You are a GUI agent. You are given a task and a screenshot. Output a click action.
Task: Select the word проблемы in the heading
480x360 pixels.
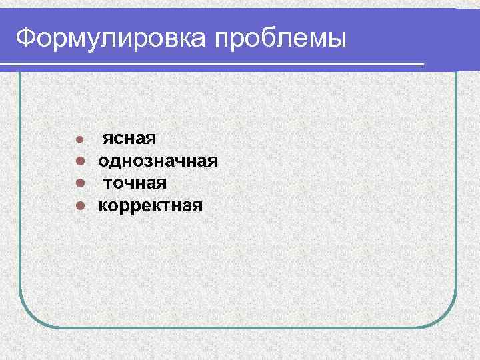coord(281,39)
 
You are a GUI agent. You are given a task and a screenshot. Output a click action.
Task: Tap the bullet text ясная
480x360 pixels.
coord(129,139)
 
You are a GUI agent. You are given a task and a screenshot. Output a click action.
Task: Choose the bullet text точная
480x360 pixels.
coord(135,183)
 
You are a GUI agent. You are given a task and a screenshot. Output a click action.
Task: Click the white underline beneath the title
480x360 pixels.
coord(213,63)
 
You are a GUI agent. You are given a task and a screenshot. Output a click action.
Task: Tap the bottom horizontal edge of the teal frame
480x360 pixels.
coord(240,327)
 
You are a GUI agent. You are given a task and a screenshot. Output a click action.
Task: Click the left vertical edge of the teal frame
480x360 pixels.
coord(20,200)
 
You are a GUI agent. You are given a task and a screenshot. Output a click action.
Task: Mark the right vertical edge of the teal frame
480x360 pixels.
coord(457,200)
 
